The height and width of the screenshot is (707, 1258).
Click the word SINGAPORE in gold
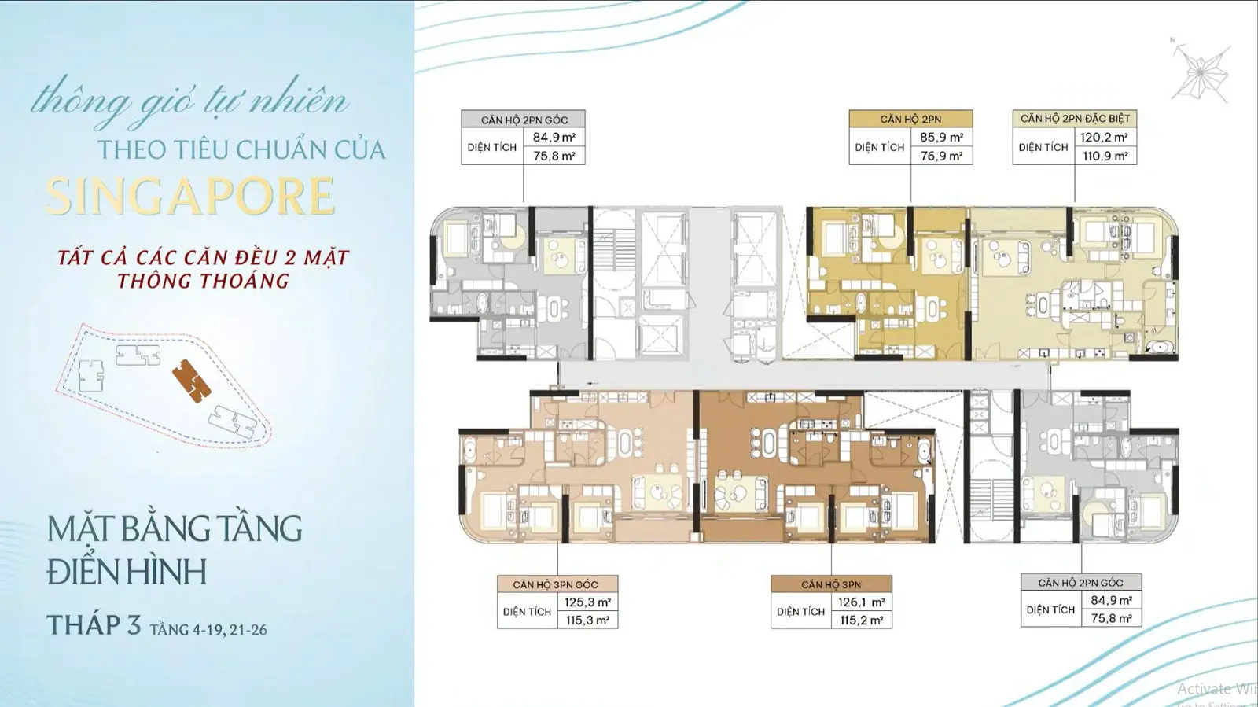tap(190, 196)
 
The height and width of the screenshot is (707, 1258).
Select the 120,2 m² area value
tap(1104, 138)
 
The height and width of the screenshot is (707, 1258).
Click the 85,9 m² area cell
tap(941, 138)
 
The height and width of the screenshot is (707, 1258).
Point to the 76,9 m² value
tap(941, 156)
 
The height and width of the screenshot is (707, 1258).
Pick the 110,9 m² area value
tap(1105, 156)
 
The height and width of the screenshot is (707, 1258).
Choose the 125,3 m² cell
tap(587, 602)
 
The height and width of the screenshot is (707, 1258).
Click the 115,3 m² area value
tap(587, 620)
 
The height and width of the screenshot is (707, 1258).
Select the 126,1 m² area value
tap(862, 602)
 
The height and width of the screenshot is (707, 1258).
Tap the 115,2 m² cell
tap(862, 620)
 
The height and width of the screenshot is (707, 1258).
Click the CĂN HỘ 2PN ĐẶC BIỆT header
tap(1075, 119)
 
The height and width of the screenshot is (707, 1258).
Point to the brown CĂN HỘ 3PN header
tap(831, 584)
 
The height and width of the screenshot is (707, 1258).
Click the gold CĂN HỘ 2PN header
tap(911, 119)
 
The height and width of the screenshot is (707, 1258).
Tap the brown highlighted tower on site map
tap(191, 381)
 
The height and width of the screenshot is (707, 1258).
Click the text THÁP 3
tap(94, 625)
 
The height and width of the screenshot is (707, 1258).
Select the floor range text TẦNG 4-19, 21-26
tap(208, 629)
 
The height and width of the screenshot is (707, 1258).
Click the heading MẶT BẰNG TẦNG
tap(175, 529)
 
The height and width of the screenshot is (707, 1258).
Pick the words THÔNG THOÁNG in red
tap(204, 281)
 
